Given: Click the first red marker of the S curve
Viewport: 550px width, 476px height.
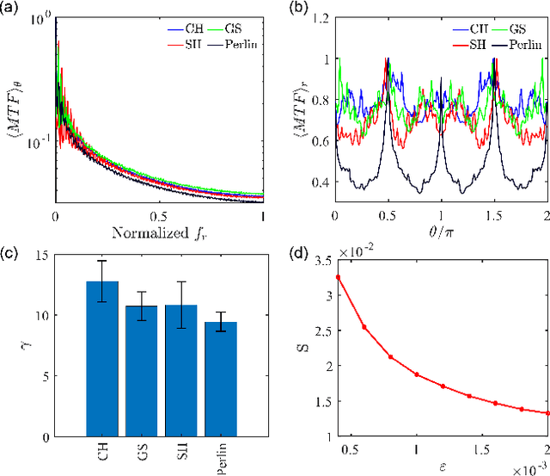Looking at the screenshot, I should pos(337,277).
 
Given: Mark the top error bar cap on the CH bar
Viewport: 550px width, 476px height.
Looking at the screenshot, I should pos(103,261).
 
